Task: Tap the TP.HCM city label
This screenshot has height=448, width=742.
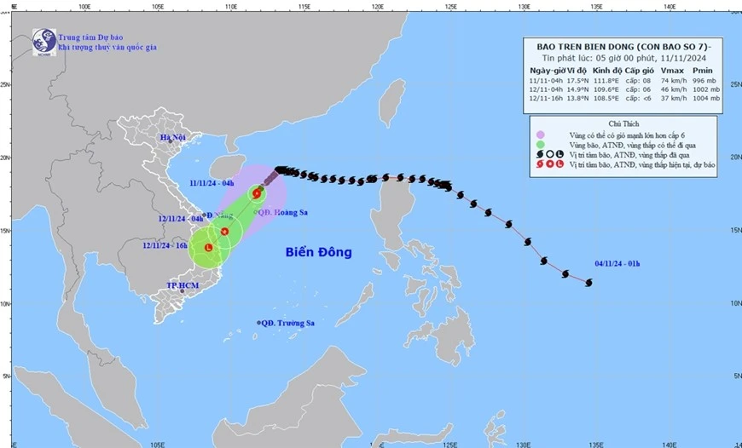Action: click(183, 286)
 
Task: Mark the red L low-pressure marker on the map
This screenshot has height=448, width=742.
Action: click(208, 247)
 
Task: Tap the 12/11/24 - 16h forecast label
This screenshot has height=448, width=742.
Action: click(165, 245)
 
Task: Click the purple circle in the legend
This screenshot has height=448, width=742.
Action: click(540, 135)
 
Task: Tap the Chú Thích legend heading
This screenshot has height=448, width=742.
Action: click(623, 123)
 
